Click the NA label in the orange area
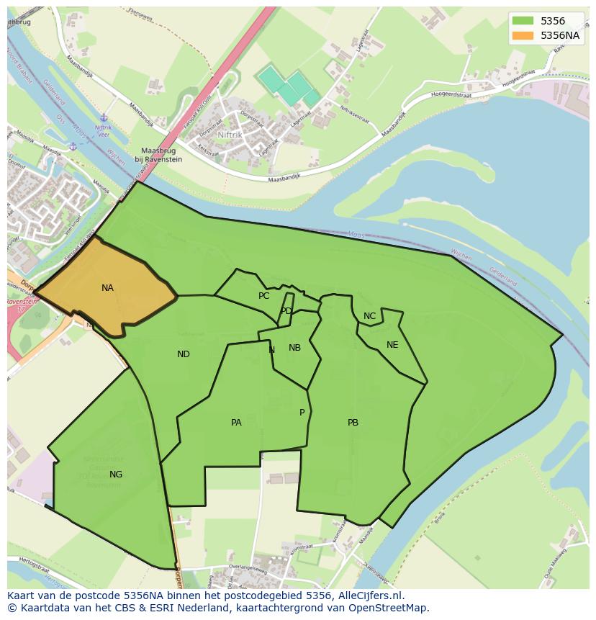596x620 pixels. pos(107,288)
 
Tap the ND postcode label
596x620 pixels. pos(184,354)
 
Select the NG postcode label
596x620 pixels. pos(116,475)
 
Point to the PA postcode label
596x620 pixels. pos(236,423)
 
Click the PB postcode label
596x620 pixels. pos(353,423)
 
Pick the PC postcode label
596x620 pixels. pos(264,296)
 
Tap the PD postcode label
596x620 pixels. pos(286,311)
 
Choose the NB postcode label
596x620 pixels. pos(294,348)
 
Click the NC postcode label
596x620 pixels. pos(369,316)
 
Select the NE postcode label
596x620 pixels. pos(392,345)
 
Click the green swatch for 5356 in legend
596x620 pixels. pos(523,22)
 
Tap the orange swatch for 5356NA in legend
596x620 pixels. pos(523,35)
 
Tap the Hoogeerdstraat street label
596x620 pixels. pos(492,91)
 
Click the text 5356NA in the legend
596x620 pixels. pos(561,35)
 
